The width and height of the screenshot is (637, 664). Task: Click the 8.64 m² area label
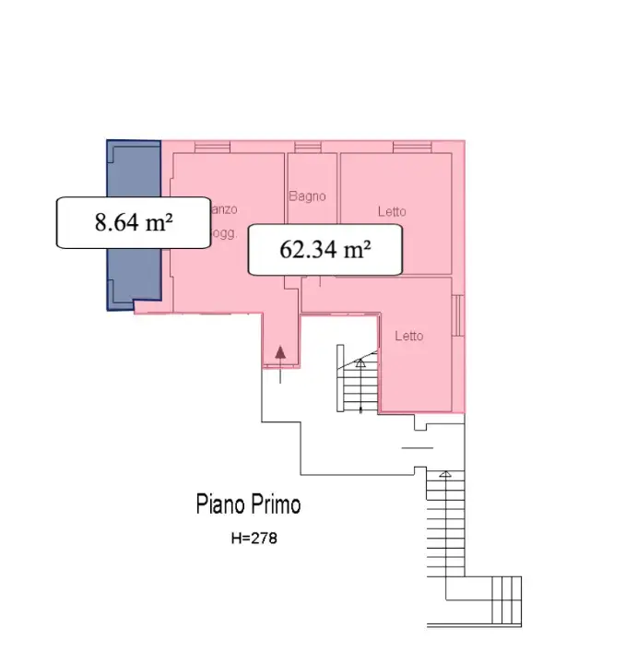tap(134, 222)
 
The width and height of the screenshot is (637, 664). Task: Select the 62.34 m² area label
tap(325, 249)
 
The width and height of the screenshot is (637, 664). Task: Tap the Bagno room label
tap(307, 196)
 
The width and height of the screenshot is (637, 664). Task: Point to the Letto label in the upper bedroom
tap(392, 212)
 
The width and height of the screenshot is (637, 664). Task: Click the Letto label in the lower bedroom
tap(409, 336)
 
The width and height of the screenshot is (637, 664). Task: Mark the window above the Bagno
tap(309, 147)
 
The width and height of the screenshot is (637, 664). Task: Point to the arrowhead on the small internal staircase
tap(360, 362)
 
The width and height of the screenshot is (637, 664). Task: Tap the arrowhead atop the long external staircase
tap(445, 474)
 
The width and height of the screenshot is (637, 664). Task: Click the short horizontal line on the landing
tap(418, 447)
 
